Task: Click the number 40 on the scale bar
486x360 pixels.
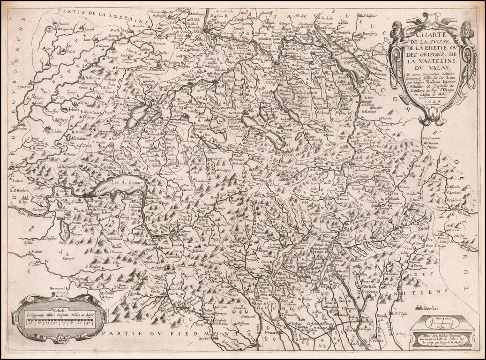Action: [88, 322]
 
